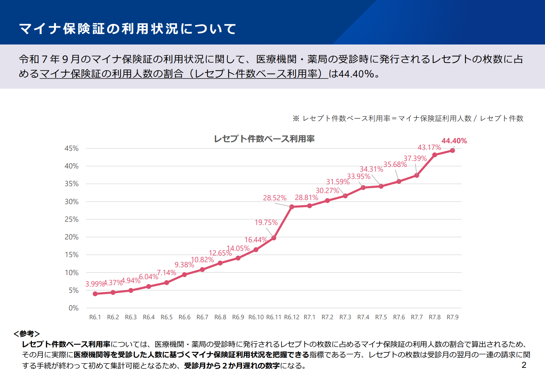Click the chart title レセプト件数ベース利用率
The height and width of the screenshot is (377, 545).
(264, 139)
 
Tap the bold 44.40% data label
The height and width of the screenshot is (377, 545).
(454, 141)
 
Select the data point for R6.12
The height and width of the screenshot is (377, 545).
(292, 207)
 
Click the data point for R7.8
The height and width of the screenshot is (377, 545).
(435, 155)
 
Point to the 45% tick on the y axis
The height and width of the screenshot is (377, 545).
(71, 148)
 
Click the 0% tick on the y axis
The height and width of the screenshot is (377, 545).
(73, 308)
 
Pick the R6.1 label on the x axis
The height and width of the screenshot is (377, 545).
(95, 317)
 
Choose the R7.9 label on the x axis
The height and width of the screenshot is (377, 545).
(452, 317)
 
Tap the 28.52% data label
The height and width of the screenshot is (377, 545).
(275, 198)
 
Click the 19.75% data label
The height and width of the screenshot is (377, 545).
(266, 222)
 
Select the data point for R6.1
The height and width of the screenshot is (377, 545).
(95, 294)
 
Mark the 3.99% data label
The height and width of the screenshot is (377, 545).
(94, 284)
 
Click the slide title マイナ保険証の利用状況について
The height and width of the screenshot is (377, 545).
(127, 29)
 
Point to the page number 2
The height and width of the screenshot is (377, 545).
(524, 365)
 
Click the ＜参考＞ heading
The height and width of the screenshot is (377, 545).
(27, 333)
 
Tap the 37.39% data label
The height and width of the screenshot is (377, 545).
(415, 158)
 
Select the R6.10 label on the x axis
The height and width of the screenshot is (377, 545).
(256, 317)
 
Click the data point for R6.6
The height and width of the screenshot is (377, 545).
(185, 274)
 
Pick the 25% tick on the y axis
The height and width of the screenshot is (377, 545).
(71, 219)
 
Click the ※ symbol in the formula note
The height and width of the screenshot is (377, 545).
(296, 118)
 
